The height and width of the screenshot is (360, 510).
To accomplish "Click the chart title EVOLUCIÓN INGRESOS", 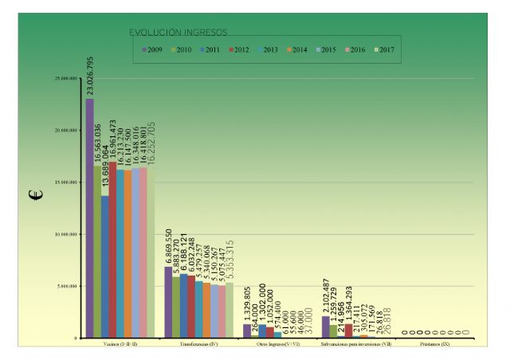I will pos(178,33).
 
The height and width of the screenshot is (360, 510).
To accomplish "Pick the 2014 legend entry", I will pos(296,49).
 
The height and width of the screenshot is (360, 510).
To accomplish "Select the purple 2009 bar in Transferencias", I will pos(168,303).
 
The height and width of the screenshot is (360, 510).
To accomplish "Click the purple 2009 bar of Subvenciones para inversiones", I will pos(326,327).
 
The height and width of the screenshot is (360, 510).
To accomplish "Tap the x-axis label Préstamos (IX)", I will pos(434,345).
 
